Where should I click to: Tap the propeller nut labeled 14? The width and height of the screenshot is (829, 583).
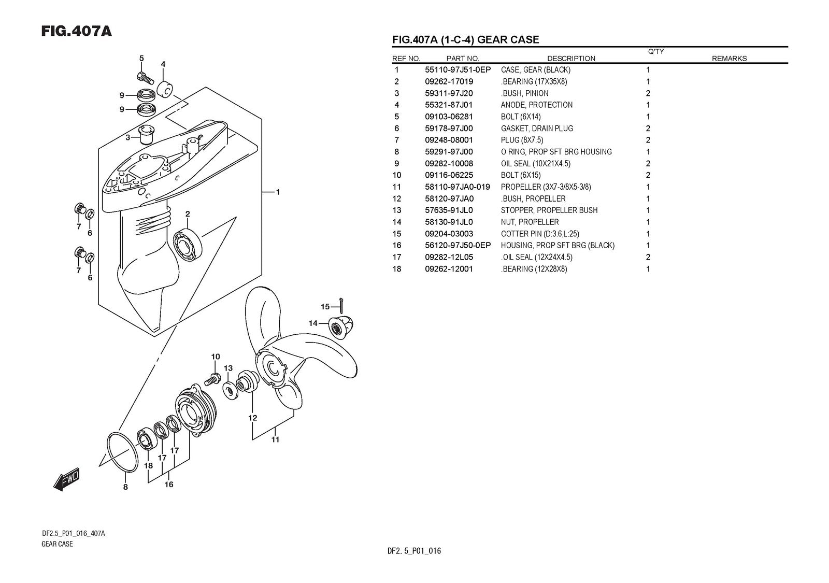(x=338, y=326)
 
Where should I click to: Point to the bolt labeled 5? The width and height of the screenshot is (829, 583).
(x=145, y=78)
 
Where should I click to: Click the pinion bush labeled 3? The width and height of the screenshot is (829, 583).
(x=146, y=135)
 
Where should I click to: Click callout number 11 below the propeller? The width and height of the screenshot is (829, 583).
(x=275, y=439)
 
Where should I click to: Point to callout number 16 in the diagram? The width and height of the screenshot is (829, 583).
(x=169, y=485)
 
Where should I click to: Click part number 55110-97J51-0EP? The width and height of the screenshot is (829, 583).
(x=458, y=70)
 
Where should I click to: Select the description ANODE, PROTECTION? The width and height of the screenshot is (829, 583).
(x=536, y=105)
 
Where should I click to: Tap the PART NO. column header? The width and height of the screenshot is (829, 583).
(x=462, y=59)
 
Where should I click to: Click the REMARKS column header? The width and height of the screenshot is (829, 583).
(x=729, y=59)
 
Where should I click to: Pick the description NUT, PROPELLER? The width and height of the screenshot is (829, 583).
(x=530, y=222)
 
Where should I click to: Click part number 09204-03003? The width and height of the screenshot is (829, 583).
(x=449, y=234)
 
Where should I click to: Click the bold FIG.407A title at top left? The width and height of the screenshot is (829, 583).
(x=77, y=32)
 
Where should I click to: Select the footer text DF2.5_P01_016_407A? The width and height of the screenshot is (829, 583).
(x=74, y=534)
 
